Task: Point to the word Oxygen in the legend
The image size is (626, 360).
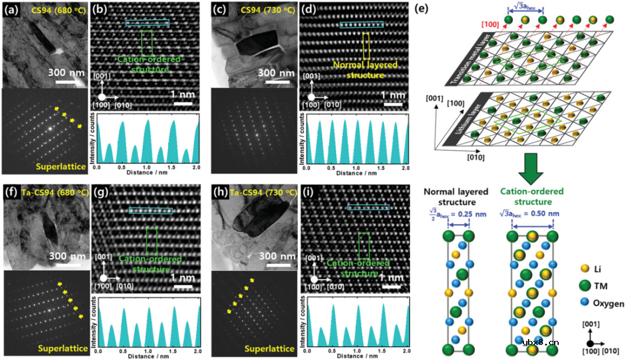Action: tap(608, 303)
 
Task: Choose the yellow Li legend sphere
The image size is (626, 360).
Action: tap(584, 268)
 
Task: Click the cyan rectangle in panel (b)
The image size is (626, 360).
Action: tap(148, 23)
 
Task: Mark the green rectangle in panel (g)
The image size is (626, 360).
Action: tap(152, 241)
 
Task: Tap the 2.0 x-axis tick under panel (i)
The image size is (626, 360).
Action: tap(406, 352)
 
